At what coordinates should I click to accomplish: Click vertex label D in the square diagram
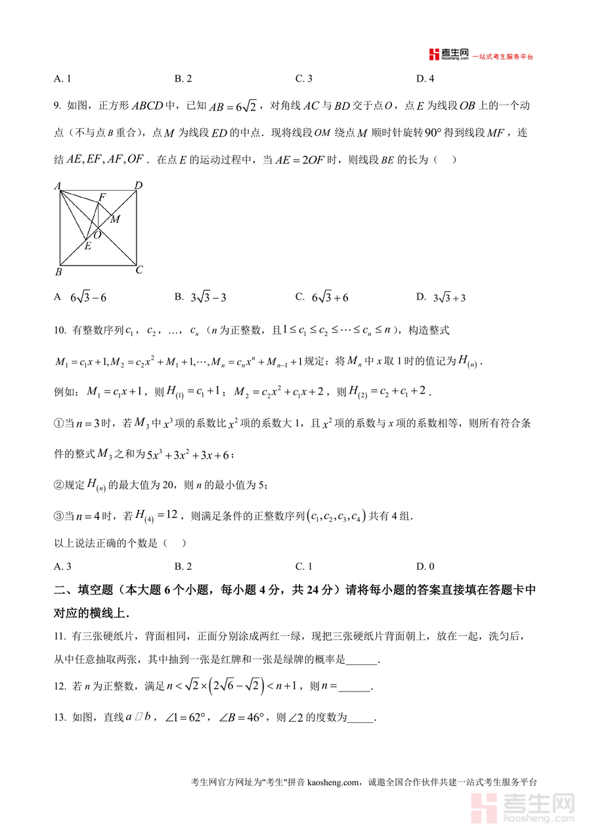pos(139,186)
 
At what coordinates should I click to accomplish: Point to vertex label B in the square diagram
pos(58,272)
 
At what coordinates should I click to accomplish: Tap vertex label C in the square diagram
pos(139,270)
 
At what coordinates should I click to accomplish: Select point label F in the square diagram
pos(102,197)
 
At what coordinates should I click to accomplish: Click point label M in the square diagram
pos(115,219)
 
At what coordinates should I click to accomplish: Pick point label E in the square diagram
pos(87,246)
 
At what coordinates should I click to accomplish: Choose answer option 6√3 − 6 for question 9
pos(88,298)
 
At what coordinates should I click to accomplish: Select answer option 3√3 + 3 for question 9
pos(449,298)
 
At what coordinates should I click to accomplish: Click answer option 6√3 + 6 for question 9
pos(330,298)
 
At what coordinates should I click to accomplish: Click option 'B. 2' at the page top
pos(183,79)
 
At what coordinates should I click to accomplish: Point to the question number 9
pos(57,105)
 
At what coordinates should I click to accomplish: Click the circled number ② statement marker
pos(58,485)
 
